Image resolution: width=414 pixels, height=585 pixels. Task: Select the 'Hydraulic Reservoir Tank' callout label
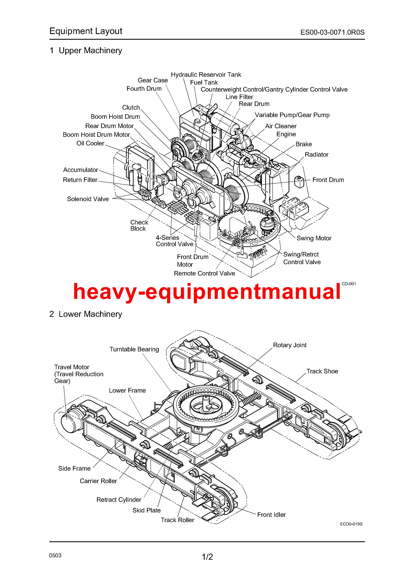[206, 75]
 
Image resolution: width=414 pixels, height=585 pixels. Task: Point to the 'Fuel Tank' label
[204, 83]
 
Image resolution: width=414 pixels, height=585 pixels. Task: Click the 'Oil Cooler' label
[90, 143]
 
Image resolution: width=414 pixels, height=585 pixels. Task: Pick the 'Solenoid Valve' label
[88, 199]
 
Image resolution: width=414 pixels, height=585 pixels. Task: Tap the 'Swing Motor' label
[314, 238]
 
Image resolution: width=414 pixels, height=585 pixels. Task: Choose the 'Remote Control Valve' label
[204, 273]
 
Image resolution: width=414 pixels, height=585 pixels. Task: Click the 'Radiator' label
[316, 155]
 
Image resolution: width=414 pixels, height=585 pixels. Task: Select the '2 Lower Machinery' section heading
[86, 314]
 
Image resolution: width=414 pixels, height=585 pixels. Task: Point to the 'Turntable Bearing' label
[134, 349]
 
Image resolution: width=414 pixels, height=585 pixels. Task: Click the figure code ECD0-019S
[351, 524]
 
